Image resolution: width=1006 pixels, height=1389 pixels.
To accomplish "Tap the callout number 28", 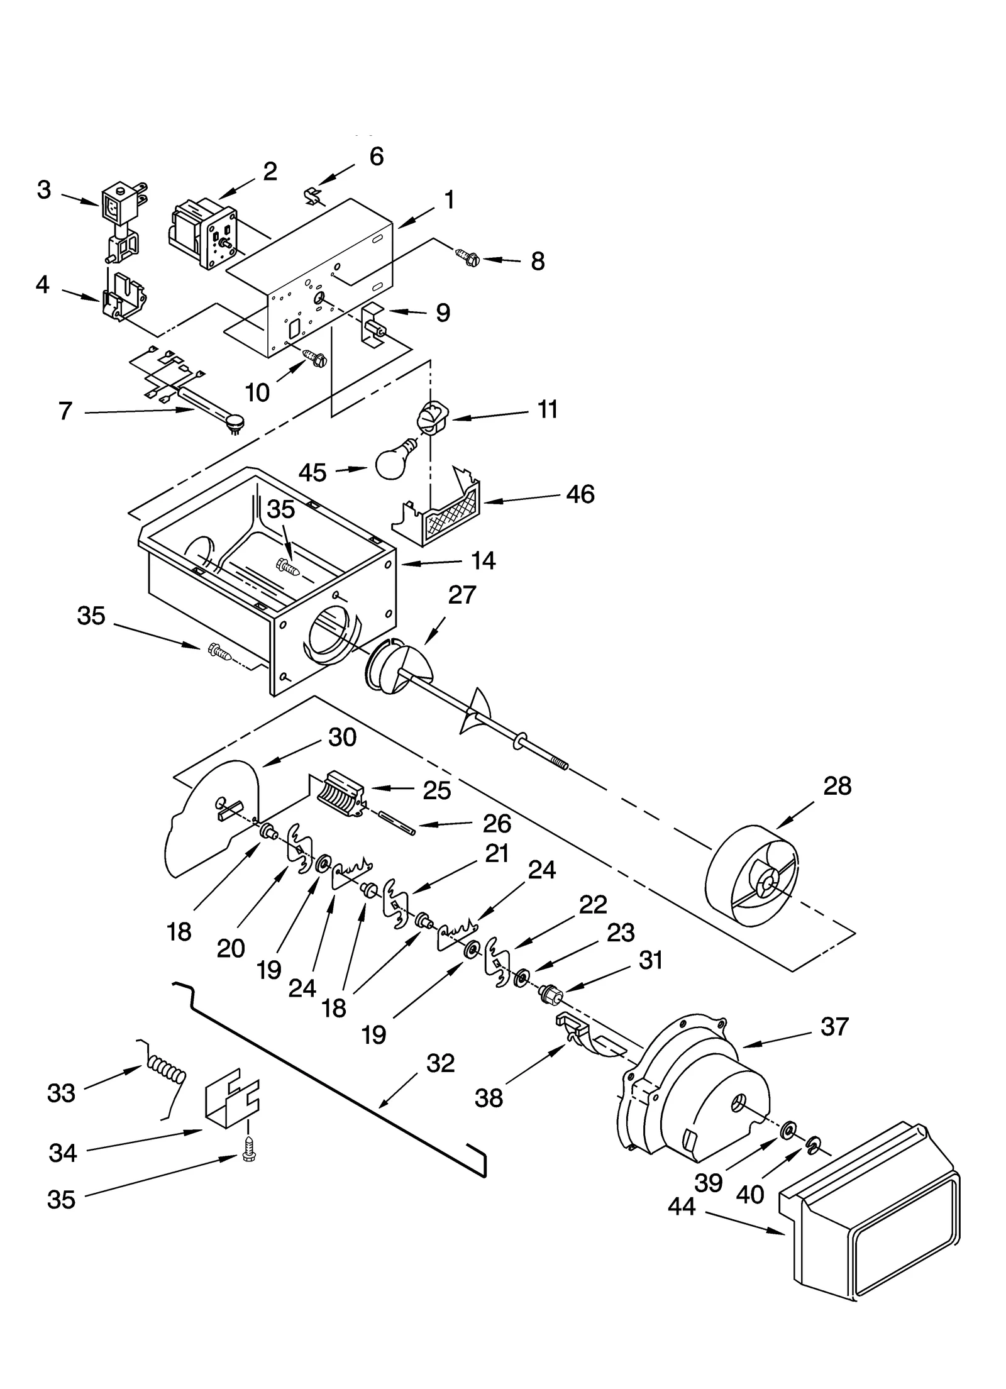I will point(837,786).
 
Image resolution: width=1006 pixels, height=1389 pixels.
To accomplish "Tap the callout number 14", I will point(483,560).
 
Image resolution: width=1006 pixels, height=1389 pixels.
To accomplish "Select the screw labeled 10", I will point(314,358).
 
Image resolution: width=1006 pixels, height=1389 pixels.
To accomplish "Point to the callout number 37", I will point(834,1027).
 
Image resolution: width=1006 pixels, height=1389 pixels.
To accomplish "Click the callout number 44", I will point(682,1206).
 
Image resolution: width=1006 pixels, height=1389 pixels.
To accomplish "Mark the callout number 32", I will point(440,1063).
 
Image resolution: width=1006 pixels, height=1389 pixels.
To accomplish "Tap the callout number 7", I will point(65,411).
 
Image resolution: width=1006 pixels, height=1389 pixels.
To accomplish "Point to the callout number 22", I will point(593,904).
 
